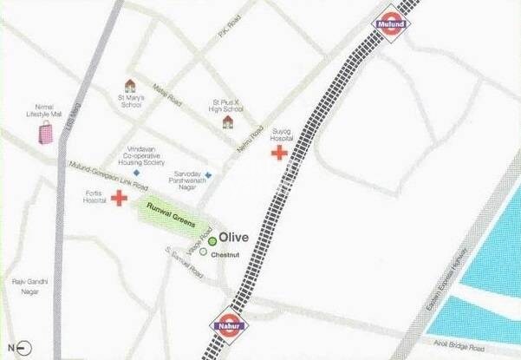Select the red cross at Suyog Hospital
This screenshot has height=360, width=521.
click(279, 154)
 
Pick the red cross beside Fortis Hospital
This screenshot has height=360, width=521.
click(120, 198)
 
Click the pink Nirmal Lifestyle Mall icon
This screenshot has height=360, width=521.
click(44, 134)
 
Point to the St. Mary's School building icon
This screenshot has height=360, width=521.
click(130, 85)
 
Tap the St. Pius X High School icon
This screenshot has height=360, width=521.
click(228, 122)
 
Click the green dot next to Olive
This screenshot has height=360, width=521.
click(212, 241)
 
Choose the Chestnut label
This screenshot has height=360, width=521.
click(234, 254)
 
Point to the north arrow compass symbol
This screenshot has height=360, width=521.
click(23, 347)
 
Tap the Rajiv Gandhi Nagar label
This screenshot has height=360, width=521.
click(28, 286)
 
